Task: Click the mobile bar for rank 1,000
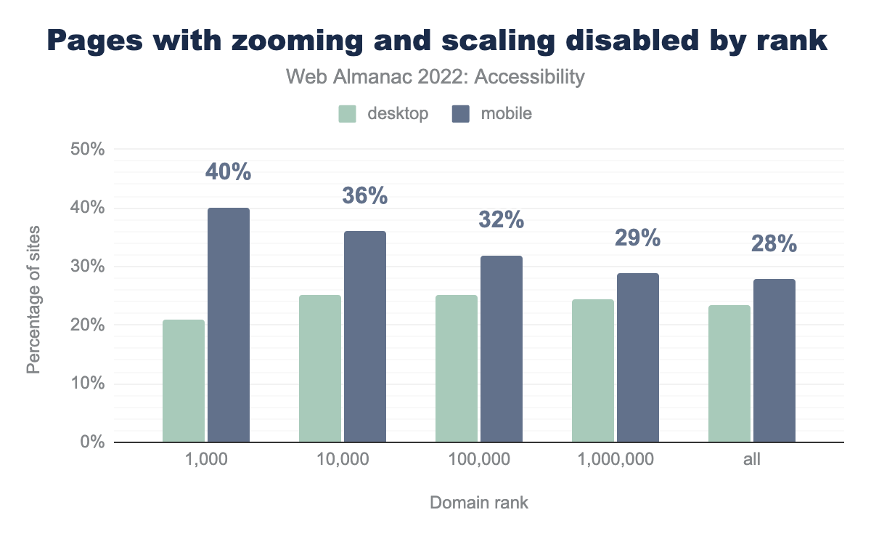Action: pyautogui.click(x=229, y=325)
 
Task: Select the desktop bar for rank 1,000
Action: pyautogui.click(x=184, y=381)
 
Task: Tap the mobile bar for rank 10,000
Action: pyautogui.click(x=365, y=336)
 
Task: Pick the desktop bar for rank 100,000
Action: pyautogui.click(x=457, y=368)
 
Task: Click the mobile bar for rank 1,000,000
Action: pyautogui.click(x=638, y=357)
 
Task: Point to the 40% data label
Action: pyautogui.click(x=229, y=172)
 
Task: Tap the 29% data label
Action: pyautogui.click(x=638, y=237)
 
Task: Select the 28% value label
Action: pyautogui.click(x=774, y=243)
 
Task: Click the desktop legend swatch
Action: pyautogui.click(x=347, y=114)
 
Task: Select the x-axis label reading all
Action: pyautogui.click(x=751, y=460)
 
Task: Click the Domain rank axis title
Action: pyautogui.click(x=478, y=503)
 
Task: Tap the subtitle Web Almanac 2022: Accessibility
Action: pyautogui.click(x=435, y=77)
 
